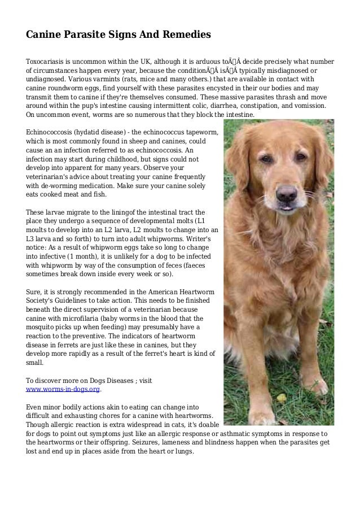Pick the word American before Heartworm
tap(160, 291)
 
